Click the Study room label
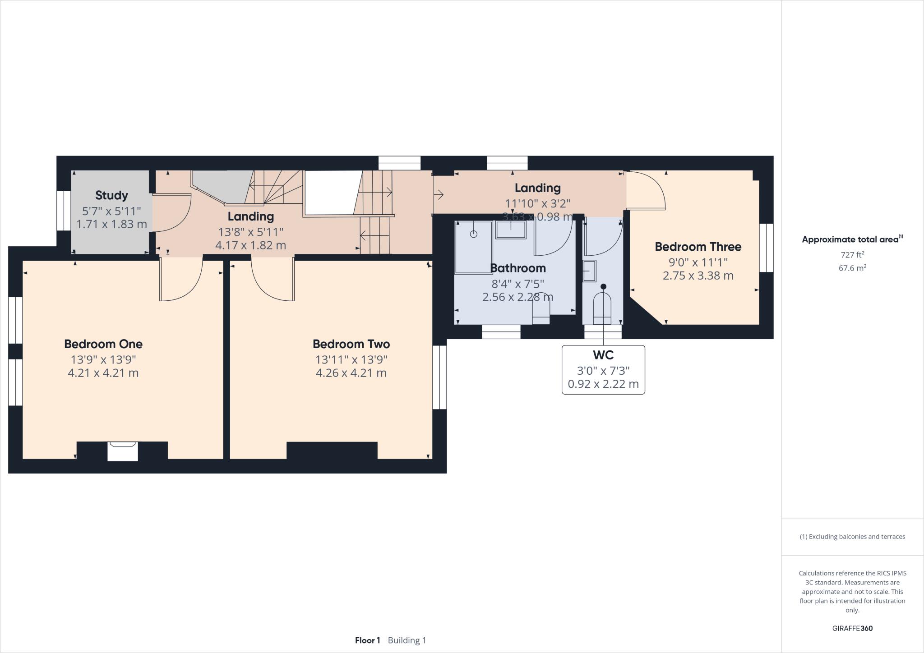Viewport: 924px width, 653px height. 111,195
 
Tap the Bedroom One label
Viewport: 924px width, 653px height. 103,344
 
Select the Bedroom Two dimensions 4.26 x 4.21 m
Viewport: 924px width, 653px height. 351,373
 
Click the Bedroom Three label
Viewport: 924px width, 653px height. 698,247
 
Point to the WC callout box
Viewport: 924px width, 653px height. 603,370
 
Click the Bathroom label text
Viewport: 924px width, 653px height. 517,268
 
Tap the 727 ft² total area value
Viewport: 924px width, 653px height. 852,254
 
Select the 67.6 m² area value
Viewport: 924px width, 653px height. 852,268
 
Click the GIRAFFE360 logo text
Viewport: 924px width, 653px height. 852,628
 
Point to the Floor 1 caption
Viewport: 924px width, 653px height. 367,640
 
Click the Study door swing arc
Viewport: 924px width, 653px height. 174,213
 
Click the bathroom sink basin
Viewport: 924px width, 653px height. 511,230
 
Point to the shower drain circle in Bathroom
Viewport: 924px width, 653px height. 474,234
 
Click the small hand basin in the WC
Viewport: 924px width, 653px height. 589,271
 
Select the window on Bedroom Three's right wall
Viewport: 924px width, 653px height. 766,248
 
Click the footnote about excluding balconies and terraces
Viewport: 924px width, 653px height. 852,537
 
